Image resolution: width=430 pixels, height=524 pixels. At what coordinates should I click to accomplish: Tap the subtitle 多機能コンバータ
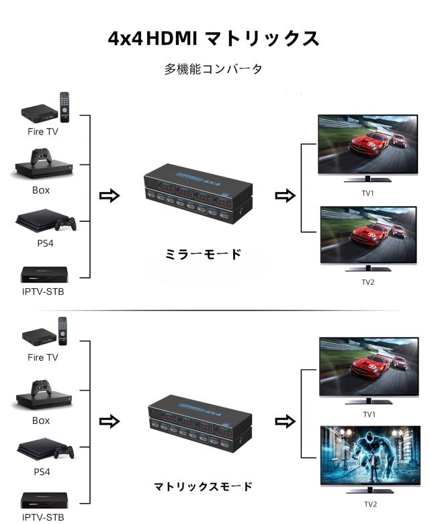[213, 69]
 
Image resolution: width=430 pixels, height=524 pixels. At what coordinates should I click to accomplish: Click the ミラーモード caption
[203, 255]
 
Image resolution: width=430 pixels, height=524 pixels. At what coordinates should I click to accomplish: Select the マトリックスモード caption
[204, 486]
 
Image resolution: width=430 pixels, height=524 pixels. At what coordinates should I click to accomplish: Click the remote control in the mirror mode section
[64, 106]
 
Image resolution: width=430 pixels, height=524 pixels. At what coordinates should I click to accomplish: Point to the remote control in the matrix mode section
[63, 331]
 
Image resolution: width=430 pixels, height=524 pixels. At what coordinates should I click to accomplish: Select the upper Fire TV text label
[43, 132]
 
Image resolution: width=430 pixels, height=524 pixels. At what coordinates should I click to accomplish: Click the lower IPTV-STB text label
[43, 517]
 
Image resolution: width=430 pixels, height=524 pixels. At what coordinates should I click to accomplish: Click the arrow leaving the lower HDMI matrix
[286, 421]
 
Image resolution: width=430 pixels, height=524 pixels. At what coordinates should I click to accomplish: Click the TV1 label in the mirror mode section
[368, 193]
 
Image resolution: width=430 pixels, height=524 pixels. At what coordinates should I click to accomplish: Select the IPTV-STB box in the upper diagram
[44, 275]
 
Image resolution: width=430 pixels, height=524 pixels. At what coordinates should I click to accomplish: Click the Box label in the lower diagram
[41, 421]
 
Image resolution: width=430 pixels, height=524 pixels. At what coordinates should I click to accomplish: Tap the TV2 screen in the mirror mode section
[368, 236]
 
